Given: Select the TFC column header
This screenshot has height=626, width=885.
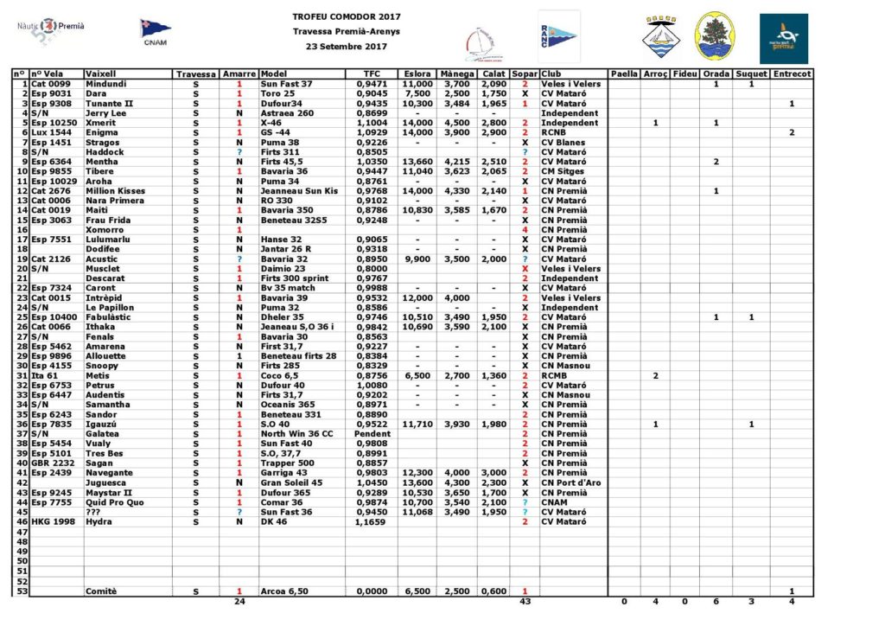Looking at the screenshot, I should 372,74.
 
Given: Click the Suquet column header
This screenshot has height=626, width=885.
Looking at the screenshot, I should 751,74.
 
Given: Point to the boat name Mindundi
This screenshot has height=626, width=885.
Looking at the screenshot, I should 106,84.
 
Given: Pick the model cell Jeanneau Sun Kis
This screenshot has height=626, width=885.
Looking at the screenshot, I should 300,191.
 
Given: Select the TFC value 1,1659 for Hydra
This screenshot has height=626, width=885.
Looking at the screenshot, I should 372,521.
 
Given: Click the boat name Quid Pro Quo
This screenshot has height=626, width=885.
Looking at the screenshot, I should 115,502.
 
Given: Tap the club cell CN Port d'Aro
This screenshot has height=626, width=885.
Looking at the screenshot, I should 571,482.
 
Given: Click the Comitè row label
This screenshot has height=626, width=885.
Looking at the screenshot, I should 101,591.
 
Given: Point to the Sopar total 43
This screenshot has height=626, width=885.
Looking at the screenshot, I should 525,601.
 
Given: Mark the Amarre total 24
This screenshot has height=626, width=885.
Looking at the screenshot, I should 239,601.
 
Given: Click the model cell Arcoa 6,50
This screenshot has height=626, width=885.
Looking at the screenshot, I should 284,591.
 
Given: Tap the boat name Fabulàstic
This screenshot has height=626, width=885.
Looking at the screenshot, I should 110,317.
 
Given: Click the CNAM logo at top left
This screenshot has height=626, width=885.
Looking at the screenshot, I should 156,31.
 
